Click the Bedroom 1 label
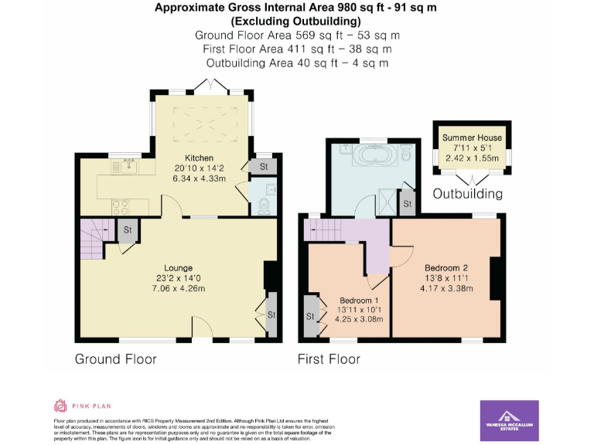359,301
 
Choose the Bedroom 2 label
442,268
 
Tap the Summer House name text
472,138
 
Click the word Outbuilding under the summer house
467,193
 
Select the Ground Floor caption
115,359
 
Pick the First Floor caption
329,359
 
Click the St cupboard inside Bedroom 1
311,316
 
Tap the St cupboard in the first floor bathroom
407,204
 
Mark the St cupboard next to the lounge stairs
127,229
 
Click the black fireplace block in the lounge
269,276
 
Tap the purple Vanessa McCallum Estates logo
509,420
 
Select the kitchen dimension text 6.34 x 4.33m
199,180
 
